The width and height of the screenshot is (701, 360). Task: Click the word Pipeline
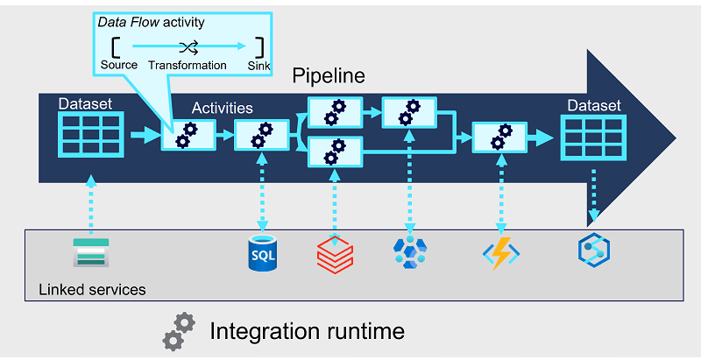pyautogui.click(x=329, y=76)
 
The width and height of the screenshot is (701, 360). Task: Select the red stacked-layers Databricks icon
pyautogui.click(x=335, y=253)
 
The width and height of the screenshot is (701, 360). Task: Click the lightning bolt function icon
pyautogui.click(x=501, y=253)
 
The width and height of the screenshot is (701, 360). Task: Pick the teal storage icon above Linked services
pyautogui.click(x=89, y=252)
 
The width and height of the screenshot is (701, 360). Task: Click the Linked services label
pyautogui.click(x=92, y=289)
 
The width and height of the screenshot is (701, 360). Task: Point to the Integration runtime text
pyautogui.click(x=307, y=331)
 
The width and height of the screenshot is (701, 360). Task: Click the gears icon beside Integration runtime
pyautogui.click(x=178, y=330)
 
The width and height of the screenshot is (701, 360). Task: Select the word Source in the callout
pyautogui.click(x=119, y=66)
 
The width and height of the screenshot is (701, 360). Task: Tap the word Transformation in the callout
pyautogui.click(x=188, y=66)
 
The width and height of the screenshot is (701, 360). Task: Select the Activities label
pyautogui.click(x=223, y=109)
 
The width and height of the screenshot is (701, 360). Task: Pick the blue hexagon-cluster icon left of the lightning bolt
pyautogui.click(x=409, y=252)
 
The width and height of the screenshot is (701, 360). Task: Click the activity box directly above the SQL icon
pyautogui.click(x=261, y=137)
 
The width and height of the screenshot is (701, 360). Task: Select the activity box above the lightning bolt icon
pyautogui.click(x=499, y=137)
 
